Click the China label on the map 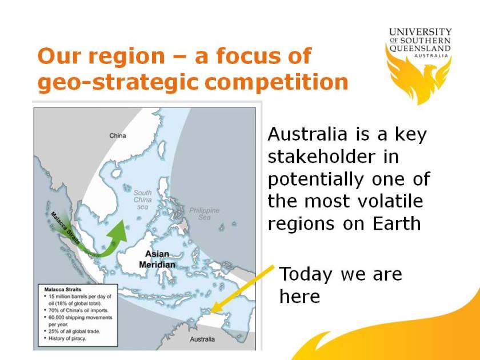coord(118,135)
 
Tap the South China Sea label coord(142,199)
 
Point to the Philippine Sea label coord(204,214)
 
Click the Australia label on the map coord(203,339)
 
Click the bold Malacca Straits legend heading coord(60,289)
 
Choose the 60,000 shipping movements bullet coord(77,317)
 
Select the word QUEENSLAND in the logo coord(420,49)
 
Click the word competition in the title coord(277,82)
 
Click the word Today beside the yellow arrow coord(306,274)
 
